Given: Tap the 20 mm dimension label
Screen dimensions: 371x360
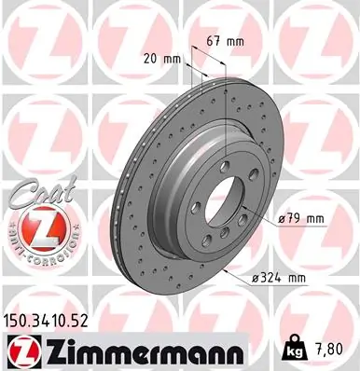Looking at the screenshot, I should pos(161,57).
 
